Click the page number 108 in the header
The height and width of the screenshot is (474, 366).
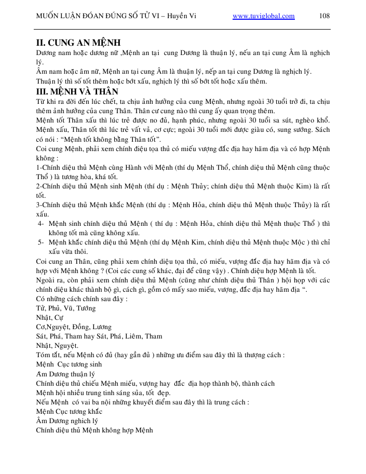[x=325, y=16]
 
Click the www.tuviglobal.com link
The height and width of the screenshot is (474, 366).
[x=264, y=16]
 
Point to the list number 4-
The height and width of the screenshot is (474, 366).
[x=40, y=223]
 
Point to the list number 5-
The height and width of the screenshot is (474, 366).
[x=40, y=242]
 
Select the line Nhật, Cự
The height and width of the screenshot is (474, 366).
[x=49, y=317]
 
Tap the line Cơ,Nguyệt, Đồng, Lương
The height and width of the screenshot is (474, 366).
[x=74, y=327]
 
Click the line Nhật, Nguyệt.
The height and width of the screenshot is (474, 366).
[x=57, y=345]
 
